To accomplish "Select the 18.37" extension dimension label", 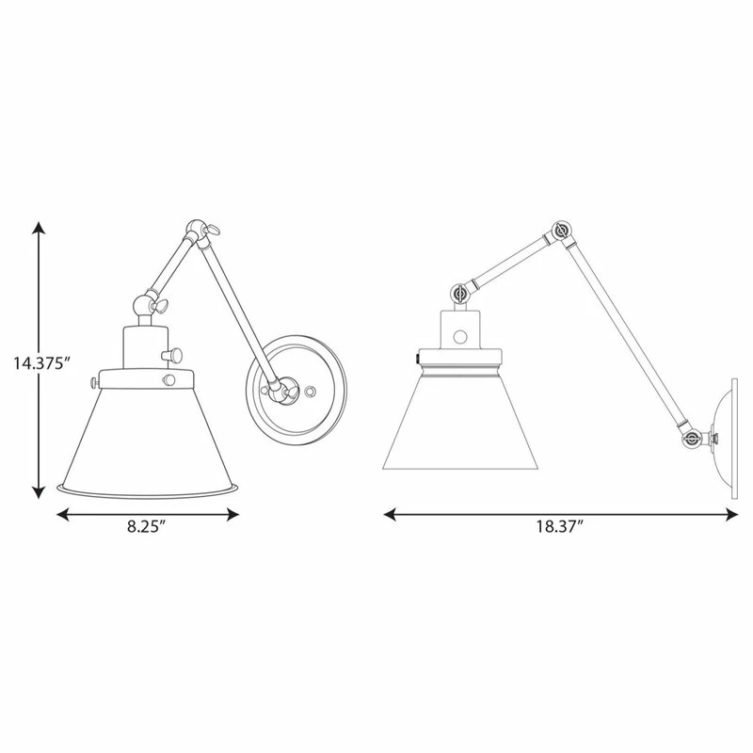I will click(x=561, y=527).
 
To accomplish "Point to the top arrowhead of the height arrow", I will click(x=39, y=229).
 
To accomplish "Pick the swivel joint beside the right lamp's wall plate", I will click(x=692, y=437).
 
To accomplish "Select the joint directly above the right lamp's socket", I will click(x=460, y=295).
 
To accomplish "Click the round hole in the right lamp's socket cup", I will click(x=460, y=335).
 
